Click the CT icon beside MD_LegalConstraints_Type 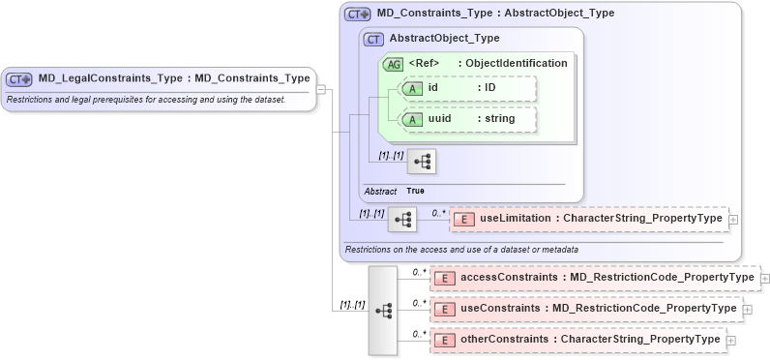point(19,78)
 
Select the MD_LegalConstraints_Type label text point(173,78)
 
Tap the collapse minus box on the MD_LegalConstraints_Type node point(322,91)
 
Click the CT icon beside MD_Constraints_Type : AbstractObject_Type point(358,15)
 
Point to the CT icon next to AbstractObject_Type point(373,39)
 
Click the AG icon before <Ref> point(394,64)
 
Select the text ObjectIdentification point(516,64)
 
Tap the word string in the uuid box point(500,119)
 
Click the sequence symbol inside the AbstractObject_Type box point(422,161)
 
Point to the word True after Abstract point(415,191)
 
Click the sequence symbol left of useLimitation point(401,220)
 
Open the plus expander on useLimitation point(732,220)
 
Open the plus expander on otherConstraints point(730,340)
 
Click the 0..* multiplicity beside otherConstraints point(419,334)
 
